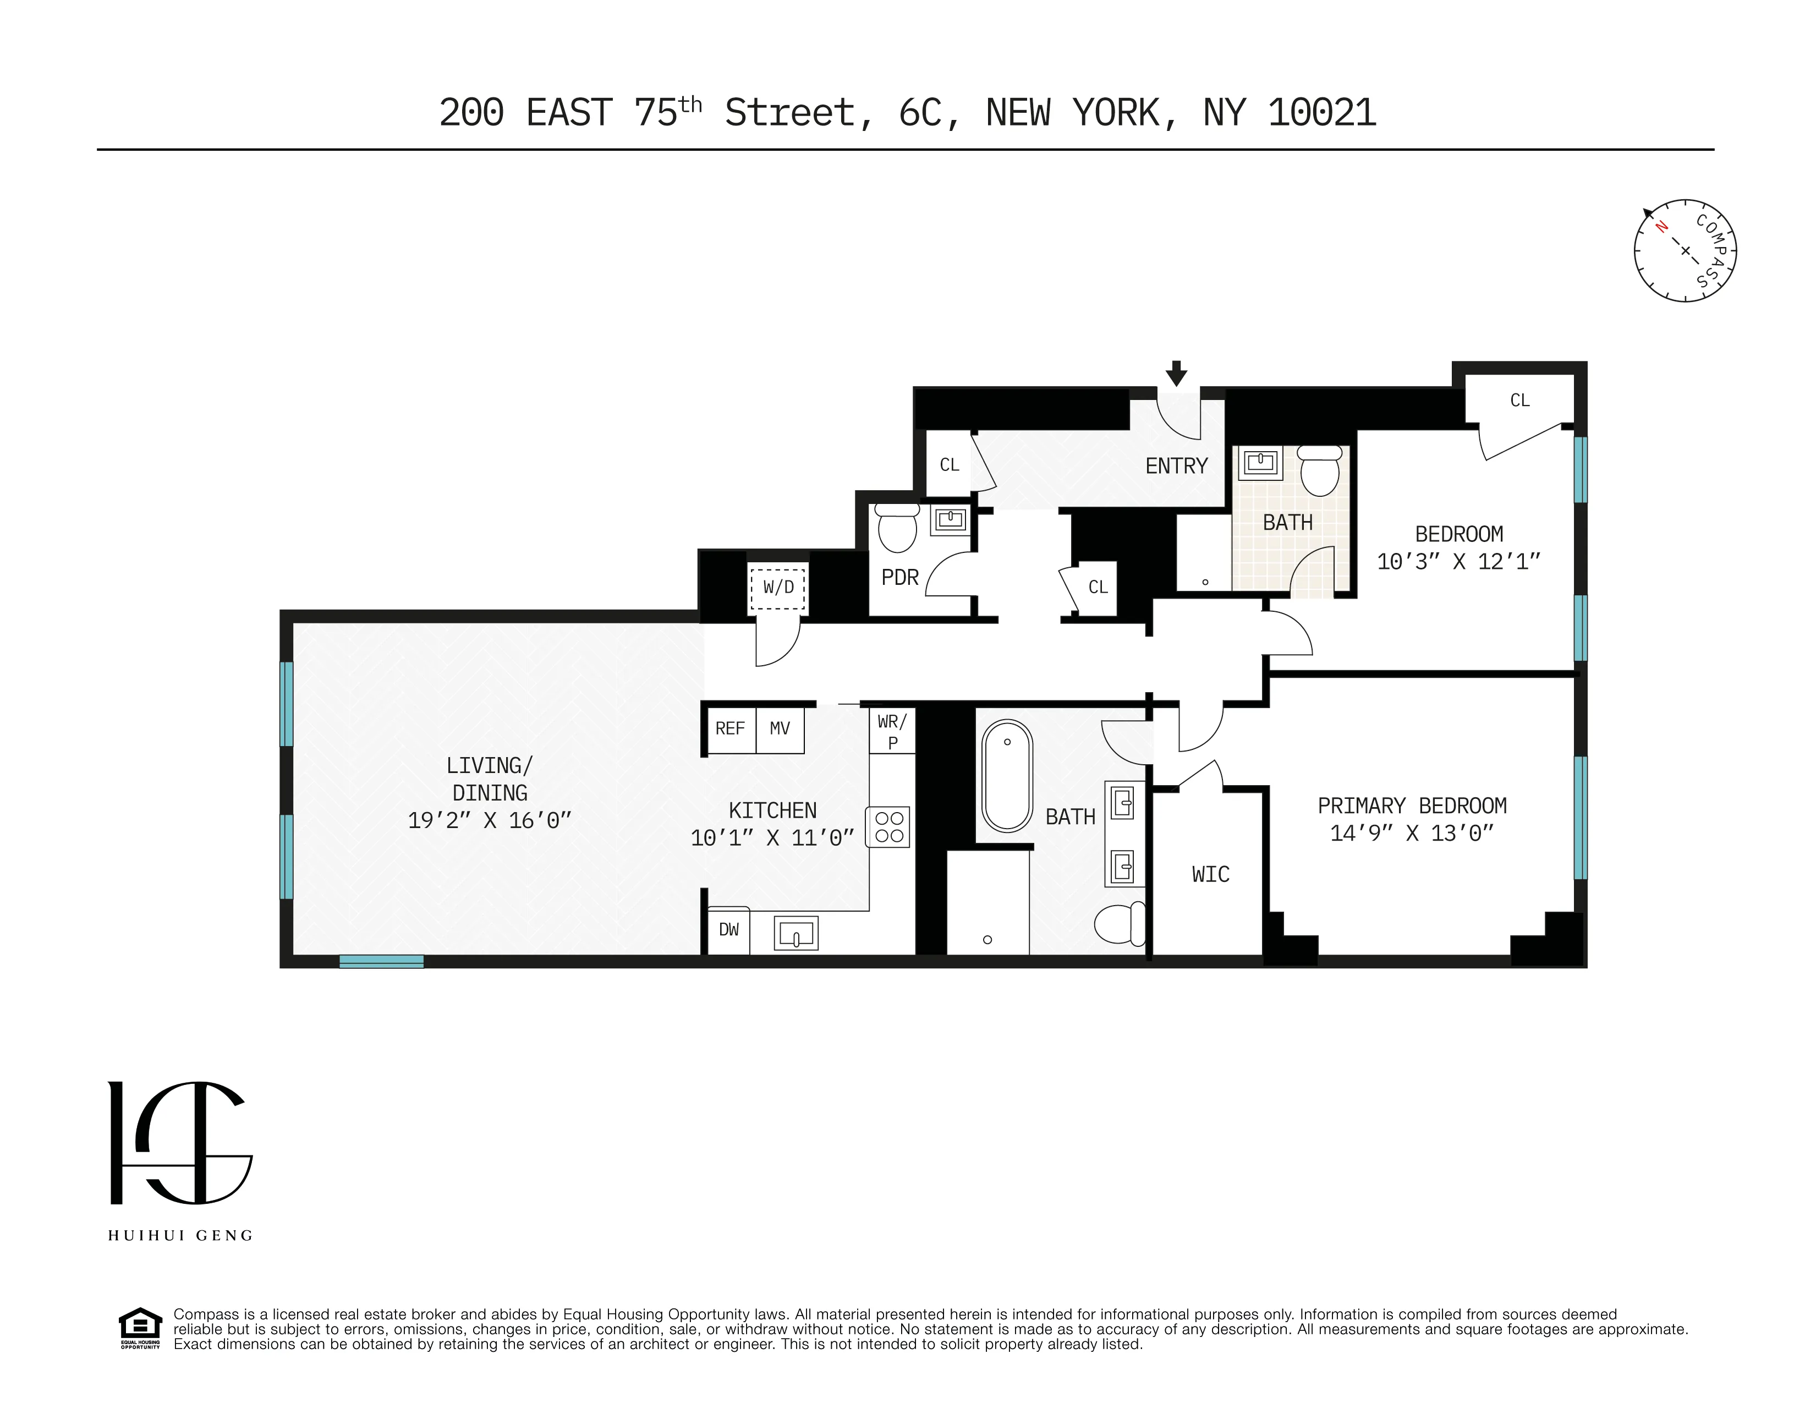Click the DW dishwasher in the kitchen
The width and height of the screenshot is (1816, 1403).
(728, 930)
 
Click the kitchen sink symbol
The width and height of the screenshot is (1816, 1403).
(795, 933)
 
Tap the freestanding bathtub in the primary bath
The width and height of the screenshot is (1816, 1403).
(1007, 775)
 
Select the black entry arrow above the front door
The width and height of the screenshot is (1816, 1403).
(1176, 374)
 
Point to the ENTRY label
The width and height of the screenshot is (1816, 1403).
(1176, 467)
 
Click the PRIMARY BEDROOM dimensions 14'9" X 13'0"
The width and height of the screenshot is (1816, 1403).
(1412, 834)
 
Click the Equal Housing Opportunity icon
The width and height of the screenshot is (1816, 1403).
(140, 1328)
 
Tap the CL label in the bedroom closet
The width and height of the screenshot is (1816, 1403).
(1519, 401)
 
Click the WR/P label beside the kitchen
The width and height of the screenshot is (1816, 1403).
(892, 731)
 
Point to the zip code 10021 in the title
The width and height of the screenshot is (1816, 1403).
(1322, 113)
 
